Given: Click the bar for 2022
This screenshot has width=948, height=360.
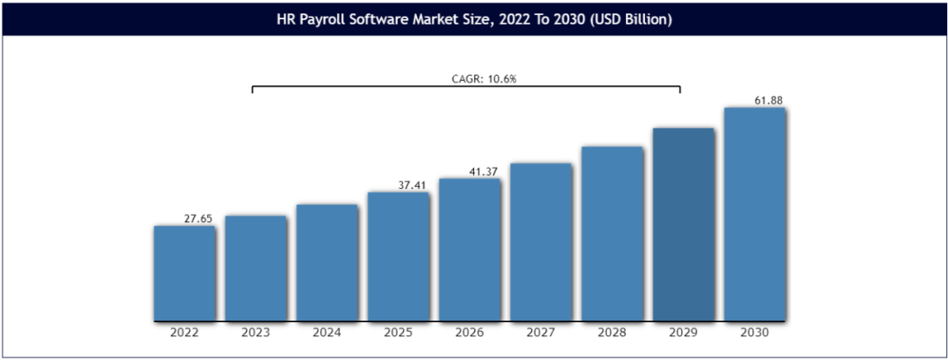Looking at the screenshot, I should click(184, 272).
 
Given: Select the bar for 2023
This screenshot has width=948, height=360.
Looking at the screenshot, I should click(255, 267).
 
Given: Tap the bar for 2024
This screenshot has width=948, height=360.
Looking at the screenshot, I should click(327, 262).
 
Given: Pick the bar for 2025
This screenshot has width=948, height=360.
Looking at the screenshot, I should click(398, 256).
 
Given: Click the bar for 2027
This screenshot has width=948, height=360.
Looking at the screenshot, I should click(541, 241).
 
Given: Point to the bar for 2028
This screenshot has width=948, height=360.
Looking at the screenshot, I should click(612, 233).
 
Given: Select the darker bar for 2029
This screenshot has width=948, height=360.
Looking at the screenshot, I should click(683, 224).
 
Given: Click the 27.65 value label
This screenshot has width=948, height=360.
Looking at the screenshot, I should click(197, 219).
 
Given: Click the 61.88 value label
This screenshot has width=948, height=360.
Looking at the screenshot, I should click(768, 101).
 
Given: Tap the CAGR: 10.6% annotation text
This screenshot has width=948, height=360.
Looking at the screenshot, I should click(478, 79).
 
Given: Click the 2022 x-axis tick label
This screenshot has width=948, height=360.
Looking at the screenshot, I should click(184, 333).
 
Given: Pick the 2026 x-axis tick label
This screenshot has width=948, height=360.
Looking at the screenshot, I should click(470, 333).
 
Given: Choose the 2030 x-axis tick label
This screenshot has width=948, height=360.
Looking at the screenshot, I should click(754, 333).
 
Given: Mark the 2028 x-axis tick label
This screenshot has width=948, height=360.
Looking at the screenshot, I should click(612, 333).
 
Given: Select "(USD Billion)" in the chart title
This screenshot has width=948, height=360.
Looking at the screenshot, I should click(629, 18).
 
